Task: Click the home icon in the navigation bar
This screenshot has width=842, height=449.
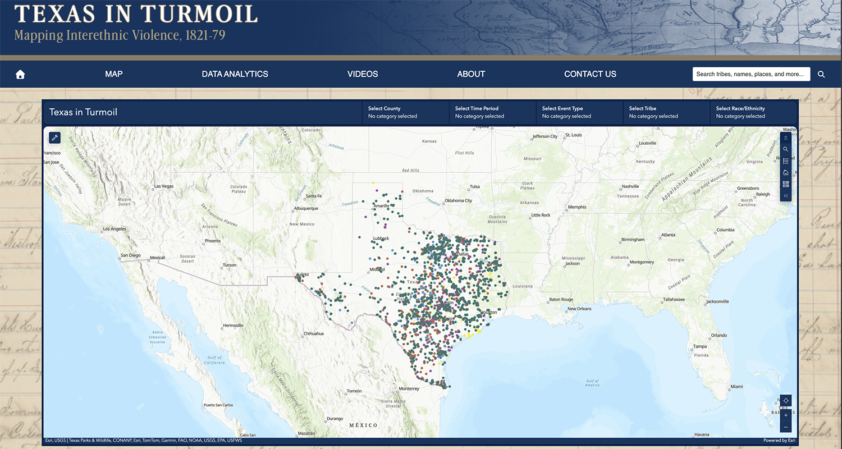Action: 20,75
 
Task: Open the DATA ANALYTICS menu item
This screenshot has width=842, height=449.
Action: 235,74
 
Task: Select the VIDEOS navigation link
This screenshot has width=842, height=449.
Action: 363,74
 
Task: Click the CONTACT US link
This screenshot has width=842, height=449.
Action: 590,74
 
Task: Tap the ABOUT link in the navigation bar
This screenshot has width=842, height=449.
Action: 471,74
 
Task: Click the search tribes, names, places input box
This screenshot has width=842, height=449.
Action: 751,74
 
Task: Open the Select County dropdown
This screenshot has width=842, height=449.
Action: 405,112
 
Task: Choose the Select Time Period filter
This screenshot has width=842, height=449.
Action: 492,112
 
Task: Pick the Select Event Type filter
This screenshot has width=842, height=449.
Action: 579,112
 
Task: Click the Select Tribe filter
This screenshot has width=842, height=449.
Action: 666,112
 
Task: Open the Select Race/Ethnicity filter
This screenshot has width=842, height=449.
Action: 753,112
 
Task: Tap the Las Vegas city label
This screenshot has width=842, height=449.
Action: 164,186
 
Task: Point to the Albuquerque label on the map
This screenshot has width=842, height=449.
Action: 306,209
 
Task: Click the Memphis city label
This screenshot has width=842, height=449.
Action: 577,207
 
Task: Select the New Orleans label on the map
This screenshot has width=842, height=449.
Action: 579,309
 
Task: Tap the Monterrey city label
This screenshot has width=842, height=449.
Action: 409,388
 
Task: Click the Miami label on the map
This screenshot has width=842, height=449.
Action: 736,387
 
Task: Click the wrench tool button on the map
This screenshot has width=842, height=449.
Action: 55,138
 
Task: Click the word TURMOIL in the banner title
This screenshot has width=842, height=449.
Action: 199,13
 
